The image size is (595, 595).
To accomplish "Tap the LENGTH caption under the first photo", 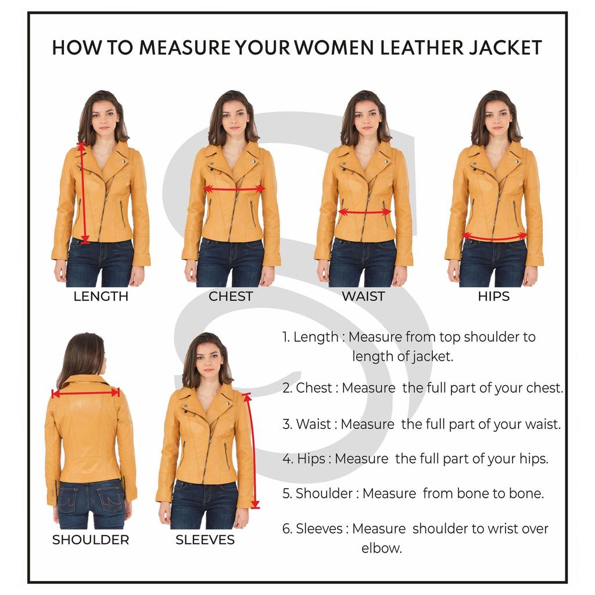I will [x=101, y=296].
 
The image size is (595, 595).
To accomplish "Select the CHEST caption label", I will [x=231, y=296].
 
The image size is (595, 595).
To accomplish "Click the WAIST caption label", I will [x=363, y=296].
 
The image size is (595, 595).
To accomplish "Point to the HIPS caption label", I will [x=493, y=296].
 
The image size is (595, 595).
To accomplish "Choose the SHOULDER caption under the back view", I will [x=91, y=540].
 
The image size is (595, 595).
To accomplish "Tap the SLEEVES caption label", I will [x=205, y=540].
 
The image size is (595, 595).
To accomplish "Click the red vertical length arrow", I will [x=83, y=192].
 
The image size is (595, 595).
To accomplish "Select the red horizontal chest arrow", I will [x=234, y=189].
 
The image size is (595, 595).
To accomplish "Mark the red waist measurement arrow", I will [x=364, y=212].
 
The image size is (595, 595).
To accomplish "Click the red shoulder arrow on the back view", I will [x=85, y=393].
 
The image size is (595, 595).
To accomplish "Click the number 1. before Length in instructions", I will [x=286, y=337].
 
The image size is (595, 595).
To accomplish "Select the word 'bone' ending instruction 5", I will [x=526, y=494].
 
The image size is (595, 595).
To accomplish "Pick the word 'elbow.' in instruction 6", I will [x=381, y=548].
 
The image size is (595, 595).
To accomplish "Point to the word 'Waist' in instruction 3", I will [x=313, y=424].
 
